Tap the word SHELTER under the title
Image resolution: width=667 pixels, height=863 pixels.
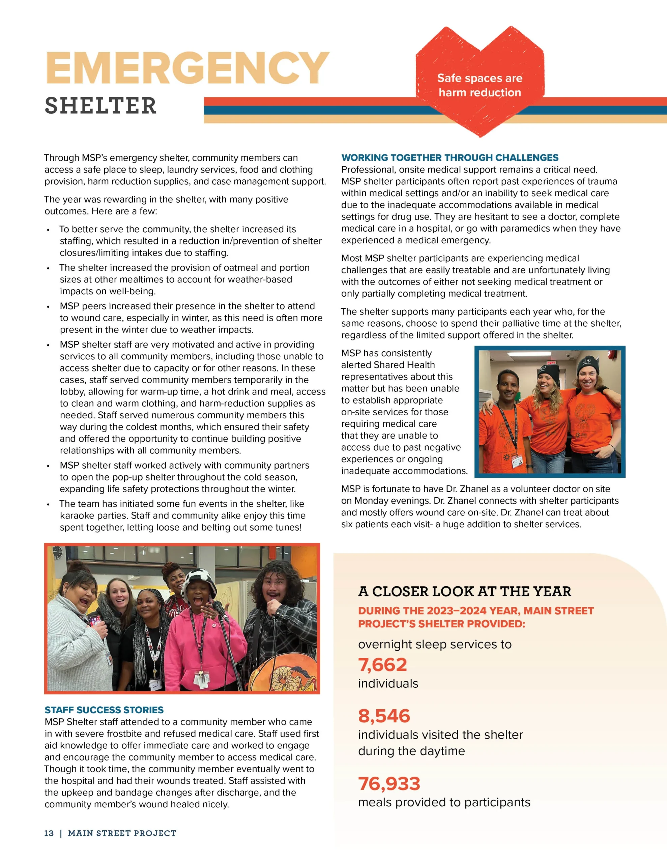tap(101, 106)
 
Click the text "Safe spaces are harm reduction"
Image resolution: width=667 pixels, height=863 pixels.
tap(480, 85)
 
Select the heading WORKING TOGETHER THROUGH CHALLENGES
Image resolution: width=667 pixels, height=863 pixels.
tap(449, 158)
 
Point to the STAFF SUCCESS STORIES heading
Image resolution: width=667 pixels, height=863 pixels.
tap(104, 710)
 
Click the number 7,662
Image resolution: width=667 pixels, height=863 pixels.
tap(382, 665)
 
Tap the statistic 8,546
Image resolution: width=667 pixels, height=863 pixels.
tap(384, 716)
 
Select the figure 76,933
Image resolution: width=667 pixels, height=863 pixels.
tap(389, 783)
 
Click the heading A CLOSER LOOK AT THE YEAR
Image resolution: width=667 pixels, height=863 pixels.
tap(465, 592)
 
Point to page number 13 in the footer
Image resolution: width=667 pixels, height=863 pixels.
tap(49, 833)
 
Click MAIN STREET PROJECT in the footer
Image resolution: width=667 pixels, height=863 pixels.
tap(122, 833)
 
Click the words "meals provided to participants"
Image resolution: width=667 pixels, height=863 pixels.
tap(444, 803)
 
